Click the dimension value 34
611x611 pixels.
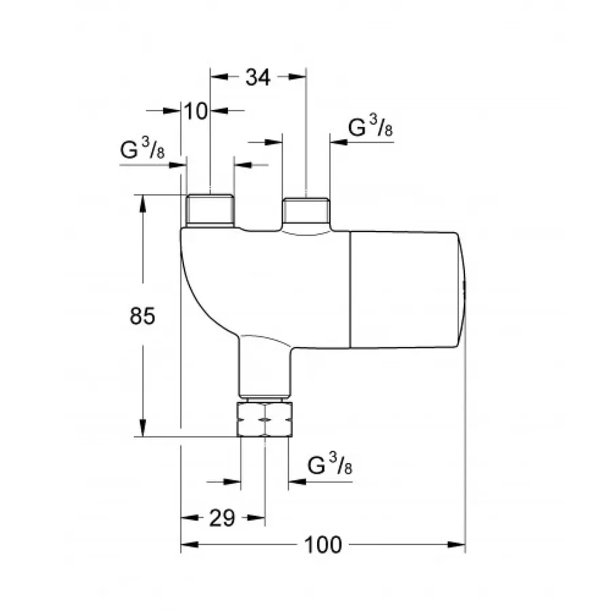(257, 78)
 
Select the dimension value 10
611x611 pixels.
(196, 111)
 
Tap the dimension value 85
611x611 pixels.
(143, 316)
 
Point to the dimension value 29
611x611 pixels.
(222, 519)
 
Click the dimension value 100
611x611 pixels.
(323, 544)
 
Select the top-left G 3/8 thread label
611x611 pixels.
(142, 151)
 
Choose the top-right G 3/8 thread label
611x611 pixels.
(371, 128)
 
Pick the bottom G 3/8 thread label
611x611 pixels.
(330, 466)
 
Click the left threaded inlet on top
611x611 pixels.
(209, 210)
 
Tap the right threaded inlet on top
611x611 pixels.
(305, 212)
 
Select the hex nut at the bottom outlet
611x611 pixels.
(265, 419)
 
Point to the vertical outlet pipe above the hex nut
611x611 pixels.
(265, 367)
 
